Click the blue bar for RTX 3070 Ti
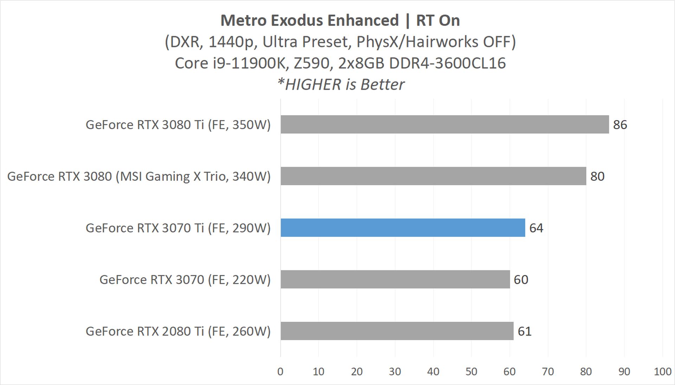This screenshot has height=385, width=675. pos(403,228)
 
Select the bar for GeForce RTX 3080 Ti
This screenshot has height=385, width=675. pos(444,124)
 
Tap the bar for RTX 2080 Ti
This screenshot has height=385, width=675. pos(397,331)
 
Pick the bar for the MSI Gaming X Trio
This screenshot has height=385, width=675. pos(433,176)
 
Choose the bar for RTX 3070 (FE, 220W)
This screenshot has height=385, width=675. pos(395,279)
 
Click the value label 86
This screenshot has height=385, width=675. pos(620,125)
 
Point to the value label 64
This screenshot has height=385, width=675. pos(536,228)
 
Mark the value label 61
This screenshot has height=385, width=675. pos(525,331)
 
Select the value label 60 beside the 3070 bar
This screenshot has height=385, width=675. pos(521,280)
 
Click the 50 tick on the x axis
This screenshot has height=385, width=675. pos(471,372)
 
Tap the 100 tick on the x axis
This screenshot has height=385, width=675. pos(662,372)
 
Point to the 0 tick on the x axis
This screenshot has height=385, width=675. pos(280,372)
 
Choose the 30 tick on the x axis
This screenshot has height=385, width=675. pos(395,372)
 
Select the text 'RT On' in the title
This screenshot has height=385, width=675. pos(438,20)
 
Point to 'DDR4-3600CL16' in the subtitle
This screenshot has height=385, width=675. pos(447,63)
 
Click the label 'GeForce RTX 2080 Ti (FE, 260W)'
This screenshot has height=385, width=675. pos(178,331)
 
